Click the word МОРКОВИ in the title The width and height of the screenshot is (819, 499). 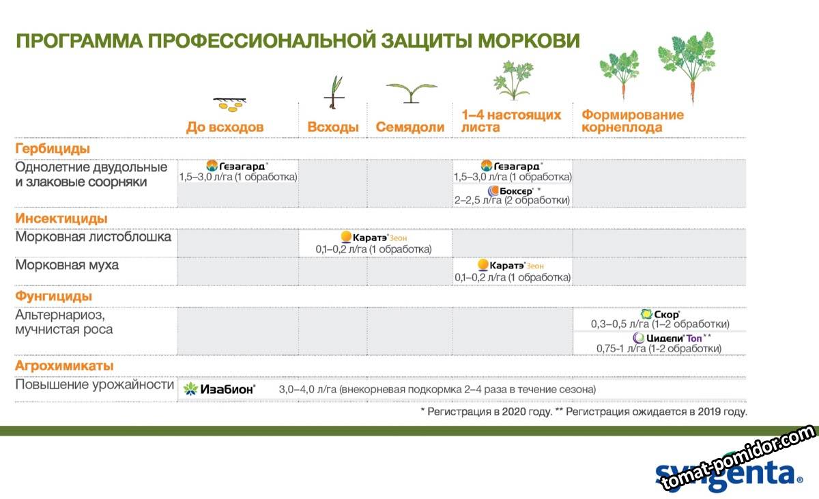pos(529,40)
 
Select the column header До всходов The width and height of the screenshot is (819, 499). pos(225,127)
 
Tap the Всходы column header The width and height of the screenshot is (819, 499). pos(333,127)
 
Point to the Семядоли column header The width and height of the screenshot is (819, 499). pos(410,127)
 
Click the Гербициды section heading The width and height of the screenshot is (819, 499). pos(53,149)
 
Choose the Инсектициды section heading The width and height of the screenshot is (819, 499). pos(61,218)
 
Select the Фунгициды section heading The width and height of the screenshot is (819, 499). pos(54,296)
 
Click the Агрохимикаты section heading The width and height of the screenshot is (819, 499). pos(64,366)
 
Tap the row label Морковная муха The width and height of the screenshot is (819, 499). pos(67,265)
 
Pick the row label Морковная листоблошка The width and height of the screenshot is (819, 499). pos(94,236)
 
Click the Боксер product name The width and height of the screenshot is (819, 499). pos(516,191)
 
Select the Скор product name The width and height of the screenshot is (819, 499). pos(667,315)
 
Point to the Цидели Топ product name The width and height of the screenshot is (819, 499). pos(674,338)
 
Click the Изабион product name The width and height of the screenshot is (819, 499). pos(227,389)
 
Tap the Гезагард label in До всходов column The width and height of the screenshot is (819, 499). pos(242,167)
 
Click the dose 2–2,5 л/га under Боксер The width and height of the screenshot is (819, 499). pos(478,200)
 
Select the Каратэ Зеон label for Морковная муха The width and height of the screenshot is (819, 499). pos(516,266)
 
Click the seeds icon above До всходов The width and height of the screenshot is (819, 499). pos(230,104)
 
